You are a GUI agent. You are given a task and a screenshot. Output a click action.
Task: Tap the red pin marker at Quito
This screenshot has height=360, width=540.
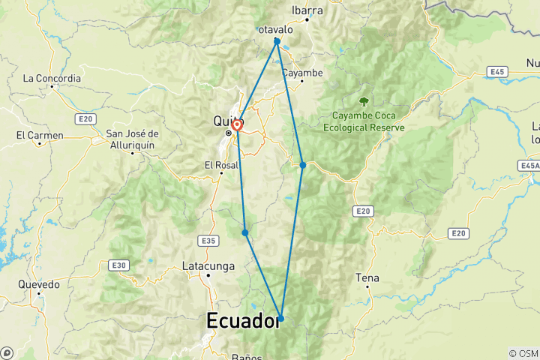(x=236, y=125)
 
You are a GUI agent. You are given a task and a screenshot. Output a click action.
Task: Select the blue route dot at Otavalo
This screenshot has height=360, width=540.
(x=277, y=40)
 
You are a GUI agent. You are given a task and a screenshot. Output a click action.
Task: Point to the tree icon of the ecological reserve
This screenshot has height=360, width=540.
(x=364, y=101)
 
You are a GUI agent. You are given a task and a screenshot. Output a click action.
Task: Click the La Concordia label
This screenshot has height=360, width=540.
(x=52, y=77)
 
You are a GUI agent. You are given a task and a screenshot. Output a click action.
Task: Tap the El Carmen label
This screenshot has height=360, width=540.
(x=40, y=135)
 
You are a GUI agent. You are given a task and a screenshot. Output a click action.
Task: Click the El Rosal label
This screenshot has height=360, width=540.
(x=220, y=165)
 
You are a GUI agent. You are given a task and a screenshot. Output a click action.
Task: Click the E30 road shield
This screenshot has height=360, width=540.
(x=118, y=265)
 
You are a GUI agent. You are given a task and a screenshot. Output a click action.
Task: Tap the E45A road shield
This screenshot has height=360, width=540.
(x=527, y=165)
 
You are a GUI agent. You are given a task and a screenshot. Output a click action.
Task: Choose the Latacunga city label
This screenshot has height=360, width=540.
(x=208, y=265)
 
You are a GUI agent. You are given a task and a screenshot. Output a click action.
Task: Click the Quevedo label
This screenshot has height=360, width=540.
(x=39, y=285)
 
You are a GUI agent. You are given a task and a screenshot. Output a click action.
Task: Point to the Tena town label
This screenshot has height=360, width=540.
(x=367, y=278)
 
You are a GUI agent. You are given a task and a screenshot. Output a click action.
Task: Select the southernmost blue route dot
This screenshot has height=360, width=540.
(x=281, y=319)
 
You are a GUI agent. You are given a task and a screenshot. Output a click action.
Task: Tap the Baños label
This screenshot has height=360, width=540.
(x=246, y=356)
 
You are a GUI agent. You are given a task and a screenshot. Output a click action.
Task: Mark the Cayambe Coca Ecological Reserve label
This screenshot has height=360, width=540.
(x=364, y=121)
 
